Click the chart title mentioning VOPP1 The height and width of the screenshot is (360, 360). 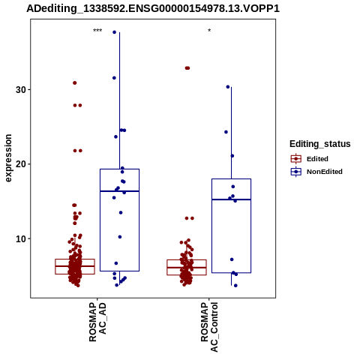click(153, 9)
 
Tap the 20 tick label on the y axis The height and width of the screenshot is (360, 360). click(21, 164)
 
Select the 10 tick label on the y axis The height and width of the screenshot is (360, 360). click(21, 238)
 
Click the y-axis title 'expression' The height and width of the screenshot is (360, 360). click(8, 158)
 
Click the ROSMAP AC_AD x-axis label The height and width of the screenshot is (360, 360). click(97, 322)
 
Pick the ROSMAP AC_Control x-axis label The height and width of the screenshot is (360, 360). click(209, 327)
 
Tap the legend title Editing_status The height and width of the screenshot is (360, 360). click(320, 144)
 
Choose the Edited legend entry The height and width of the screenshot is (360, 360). click(310, 159)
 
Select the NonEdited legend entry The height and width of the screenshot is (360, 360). click(316, 172)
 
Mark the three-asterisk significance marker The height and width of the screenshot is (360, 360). click(97, 31)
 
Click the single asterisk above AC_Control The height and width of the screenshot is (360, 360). click(209, 31)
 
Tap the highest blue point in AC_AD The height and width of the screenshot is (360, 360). click(115, 32)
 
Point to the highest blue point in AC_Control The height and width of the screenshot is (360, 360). click(228, 87)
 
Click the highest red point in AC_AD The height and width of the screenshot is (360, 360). click(75, 83)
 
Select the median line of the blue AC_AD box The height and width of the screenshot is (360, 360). click(119, 191)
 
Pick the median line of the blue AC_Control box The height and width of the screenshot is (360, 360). click(231, 199)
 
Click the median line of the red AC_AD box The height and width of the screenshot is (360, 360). click(75, 266)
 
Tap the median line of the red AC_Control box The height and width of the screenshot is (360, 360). click(187, 268)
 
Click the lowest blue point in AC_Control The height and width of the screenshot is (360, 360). click(235, 286)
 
